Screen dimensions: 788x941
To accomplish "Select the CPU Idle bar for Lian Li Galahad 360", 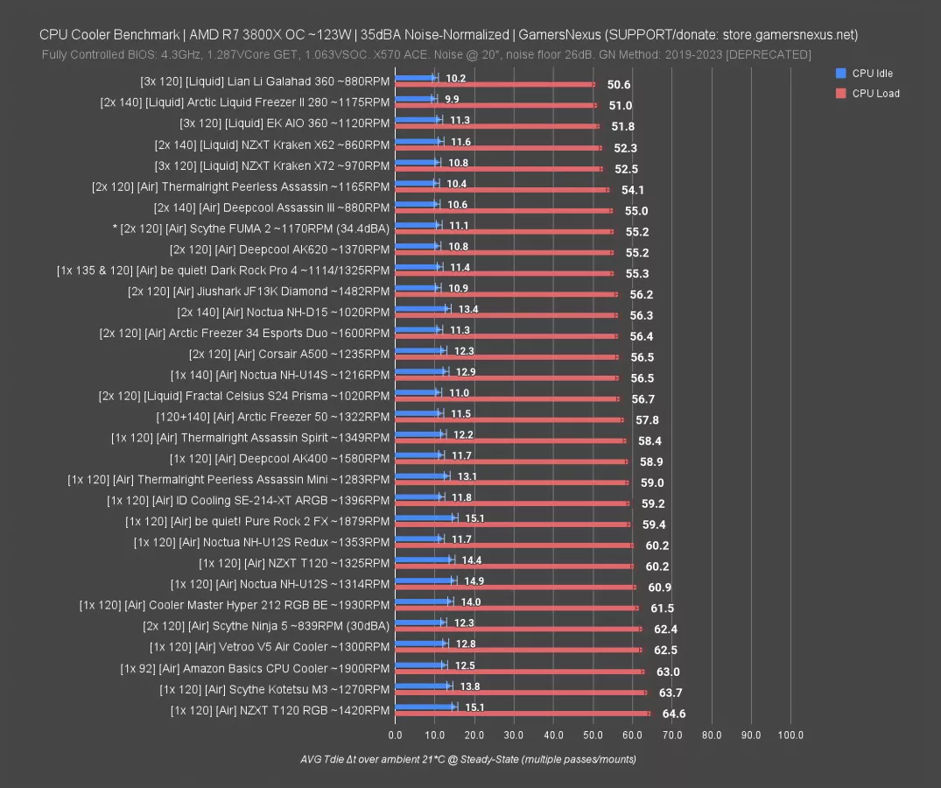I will click(415, 78).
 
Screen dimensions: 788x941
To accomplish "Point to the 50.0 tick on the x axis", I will click(593, 735).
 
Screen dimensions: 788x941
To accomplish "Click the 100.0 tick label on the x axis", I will click(790, 735).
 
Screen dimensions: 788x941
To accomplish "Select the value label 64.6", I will click(674, 714).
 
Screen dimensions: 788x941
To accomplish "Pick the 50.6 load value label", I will click(619, 85).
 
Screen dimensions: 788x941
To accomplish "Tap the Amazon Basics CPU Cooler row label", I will click(255, 668).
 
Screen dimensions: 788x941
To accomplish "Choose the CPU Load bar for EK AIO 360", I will click(497, 126).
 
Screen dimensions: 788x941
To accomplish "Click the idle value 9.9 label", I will click(452, 99).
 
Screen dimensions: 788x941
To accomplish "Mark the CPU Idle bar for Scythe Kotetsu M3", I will click(423, 686).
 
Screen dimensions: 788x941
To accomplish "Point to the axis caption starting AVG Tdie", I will click(467, 759).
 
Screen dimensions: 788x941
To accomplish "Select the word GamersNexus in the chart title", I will click(558, 35).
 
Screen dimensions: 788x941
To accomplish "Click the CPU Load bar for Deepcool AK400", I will click(511, 461).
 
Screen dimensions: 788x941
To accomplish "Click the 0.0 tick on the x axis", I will click(395, 735).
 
